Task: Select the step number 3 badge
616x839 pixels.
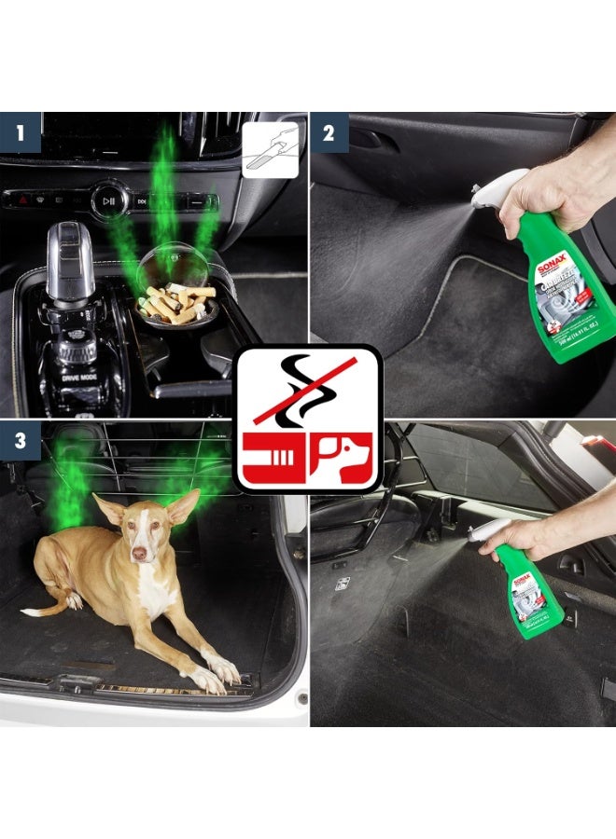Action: point(21,441)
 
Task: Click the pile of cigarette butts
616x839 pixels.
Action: point(177,303)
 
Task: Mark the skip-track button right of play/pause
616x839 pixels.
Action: point(142,199)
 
